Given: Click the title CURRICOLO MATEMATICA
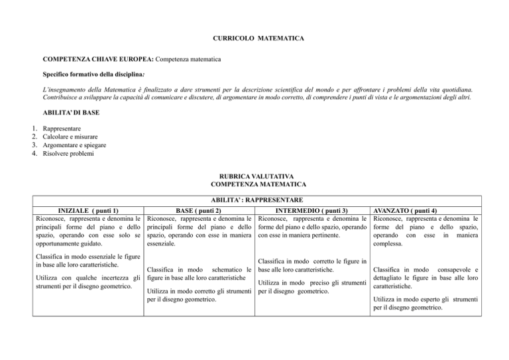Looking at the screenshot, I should (255, 40).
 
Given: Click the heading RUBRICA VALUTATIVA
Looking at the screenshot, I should (254, 178).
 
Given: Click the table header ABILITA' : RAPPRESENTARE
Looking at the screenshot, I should (255, 200).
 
